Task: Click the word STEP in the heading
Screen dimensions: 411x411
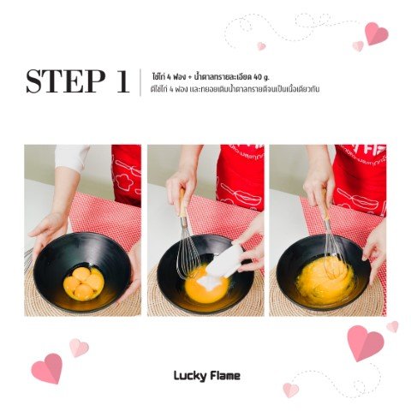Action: [65, 81]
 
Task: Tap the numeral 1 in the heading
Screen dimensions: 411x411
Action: [123, 81]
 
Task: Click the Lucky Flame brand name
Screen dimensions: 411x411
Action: [207, 376]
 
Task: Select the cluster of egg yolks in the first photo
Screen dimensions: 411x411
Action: [83, 283]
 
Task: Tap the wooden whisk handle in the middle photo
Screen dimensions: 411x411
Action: [182, 203]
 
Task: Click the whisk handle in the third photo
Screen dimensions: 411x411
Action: [325, 204]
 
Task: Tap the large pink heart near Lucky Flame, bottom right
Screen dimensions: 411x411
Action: [366, 342]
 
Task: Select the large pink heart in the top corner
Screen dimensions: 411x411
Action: [377, 33]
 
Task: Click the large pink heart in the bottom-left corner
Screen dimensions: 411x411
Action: [47, 368]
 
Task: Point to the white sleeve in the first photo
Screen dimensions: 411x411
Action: [71, 158]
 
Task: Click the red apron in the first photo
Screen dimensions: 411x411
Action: [126, 175]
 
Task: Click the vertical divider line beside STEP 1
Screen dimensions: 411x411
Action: [140, 82]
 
